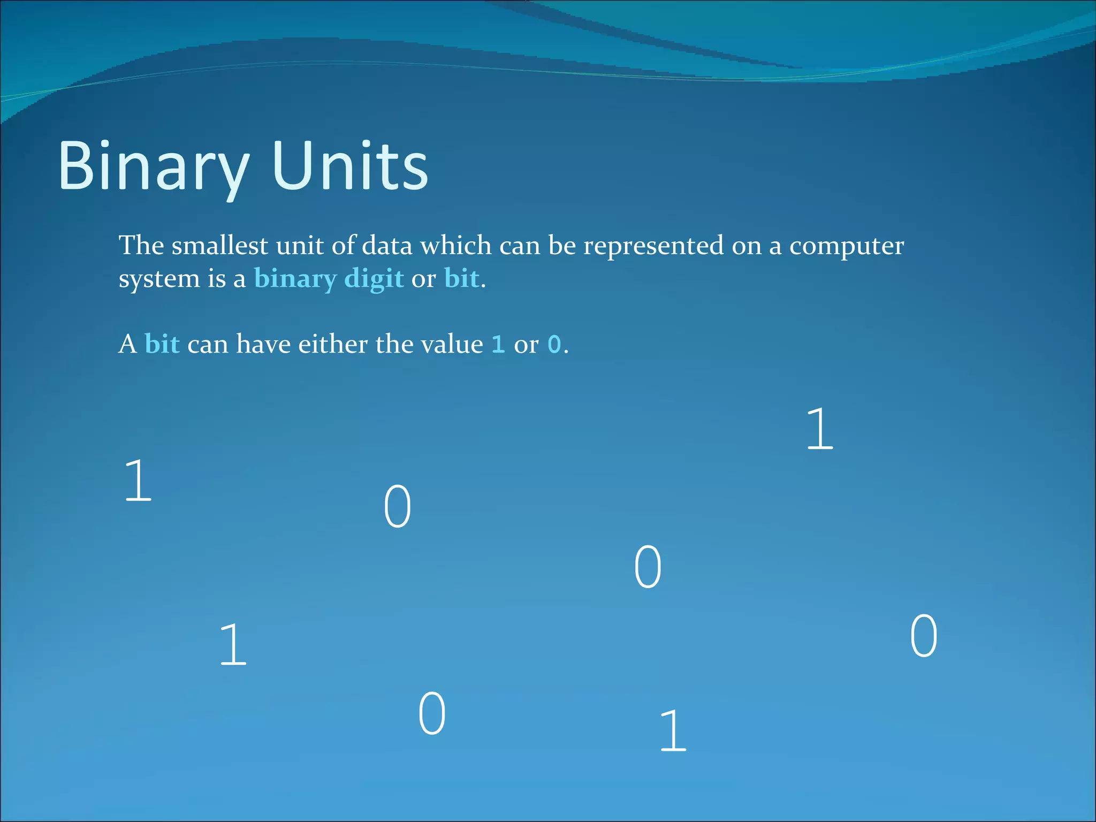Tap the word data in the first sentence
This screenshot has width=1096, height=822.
pos(387,246)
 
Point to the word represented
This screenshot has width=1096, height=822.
pos(653,246)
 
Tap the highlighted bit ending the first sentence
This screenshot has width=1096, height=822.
pos(461,279)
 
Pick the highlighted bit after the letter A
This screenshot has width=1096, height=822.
pos(162,344)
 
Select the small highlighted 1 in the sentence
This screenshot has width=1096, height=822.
pos(498,345)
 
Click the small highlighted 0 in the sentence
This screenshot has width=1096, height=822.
pos(554,345)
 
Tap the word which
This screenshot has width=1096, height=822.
pos(455,246)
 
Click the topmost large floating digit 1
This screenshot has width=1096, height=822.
pos(820,429)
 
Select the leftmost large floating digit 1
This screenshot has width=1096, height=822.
pos(138,481)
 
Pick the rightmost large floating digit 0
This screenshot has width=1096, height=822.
pos(924,636)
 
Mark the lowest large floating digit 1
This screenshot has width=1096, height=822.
pos(673,730)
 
